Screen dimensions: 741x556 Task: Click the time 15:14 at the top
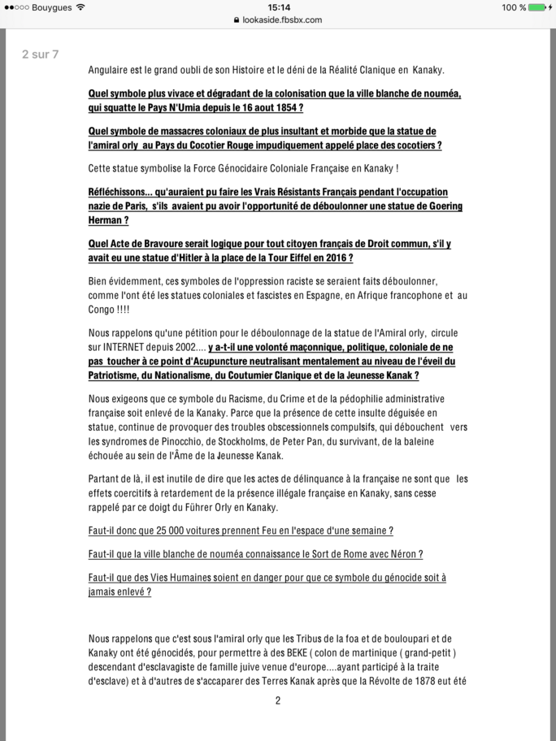pyautogui.click(x=278, y=7)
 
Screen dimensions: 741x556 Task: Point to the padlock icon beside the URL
pyautogui.click(x=237, y=19)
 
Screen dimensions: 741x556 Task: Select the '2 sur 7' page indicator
pyautogui.click(x=41, y=54)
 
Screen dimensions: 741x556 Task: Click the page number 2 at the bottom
pyautogui.click(x=278, y=700)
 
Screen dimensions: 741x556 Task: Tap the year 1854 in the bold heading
pyautogui.click(x=283, y=107)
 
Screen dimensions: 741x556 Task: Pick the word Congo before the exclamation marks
pyautogui.click(x=103, y=310)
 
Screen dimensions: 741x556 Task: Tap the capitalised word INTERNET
pyautogui.click(x=119, y=346)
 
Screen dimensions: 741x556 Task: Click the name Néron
pyautogui.click(x=404, y=554)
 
